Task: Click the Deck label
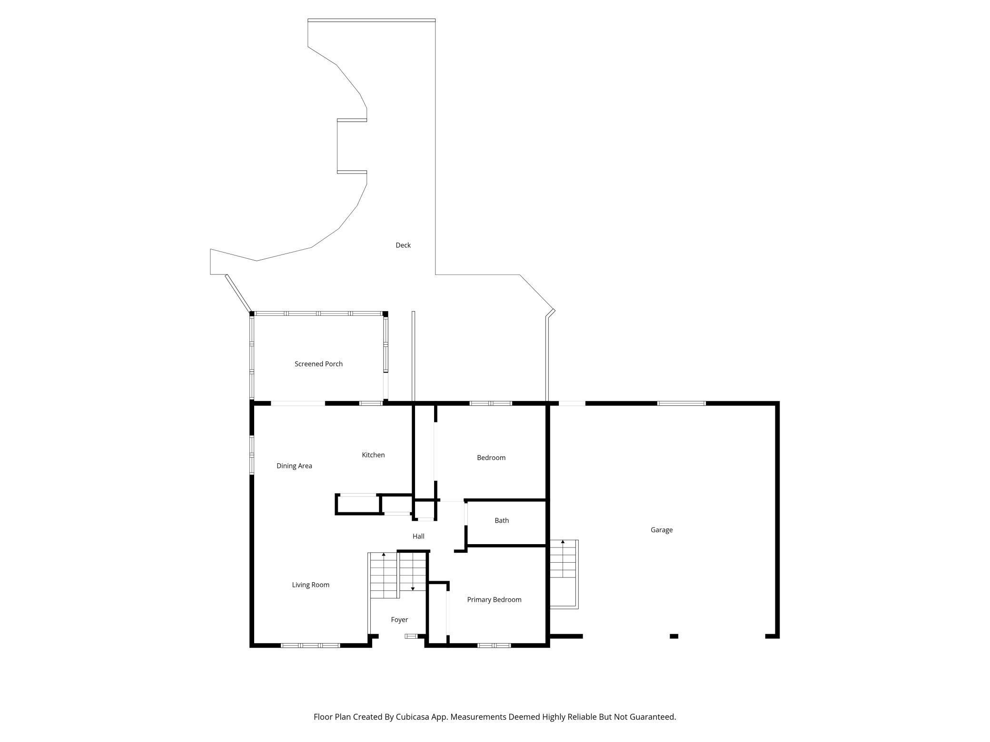pyautogui.click(x=403, y=245)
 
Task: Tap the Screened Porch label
pyautogui.click(x=318, y=364)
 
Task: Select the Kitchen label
pyautogui.click(x=373, y=455)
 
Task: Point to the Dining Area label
pyautogui.click(x=294, y=466)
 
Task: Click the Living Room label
pyautogui.click(x=310, y=585)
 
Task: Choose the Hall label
pyautogui.click(x=418, y=537)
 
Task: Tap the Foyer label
pyautogui.click(x=399, y=620)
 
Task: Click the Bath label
pyautogui.click(x=502, y=521)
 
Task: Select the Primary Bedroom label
pyautogui.click(x=494, y=600)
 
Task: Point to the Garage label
pyautogui.click(x=662, y=530)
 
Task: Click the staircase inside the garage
pyautogui.click(x=564, y=574)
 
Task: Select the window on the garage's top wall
pyautogui.click(x=681, y=403)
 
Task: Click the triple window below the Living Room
pyautogui.click(x=310, y=645)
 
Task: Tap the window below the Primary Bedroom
pyautogui.click(x=494, y=645)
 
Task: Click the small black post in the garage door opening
pyautogui.click(x=674, y=636)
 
